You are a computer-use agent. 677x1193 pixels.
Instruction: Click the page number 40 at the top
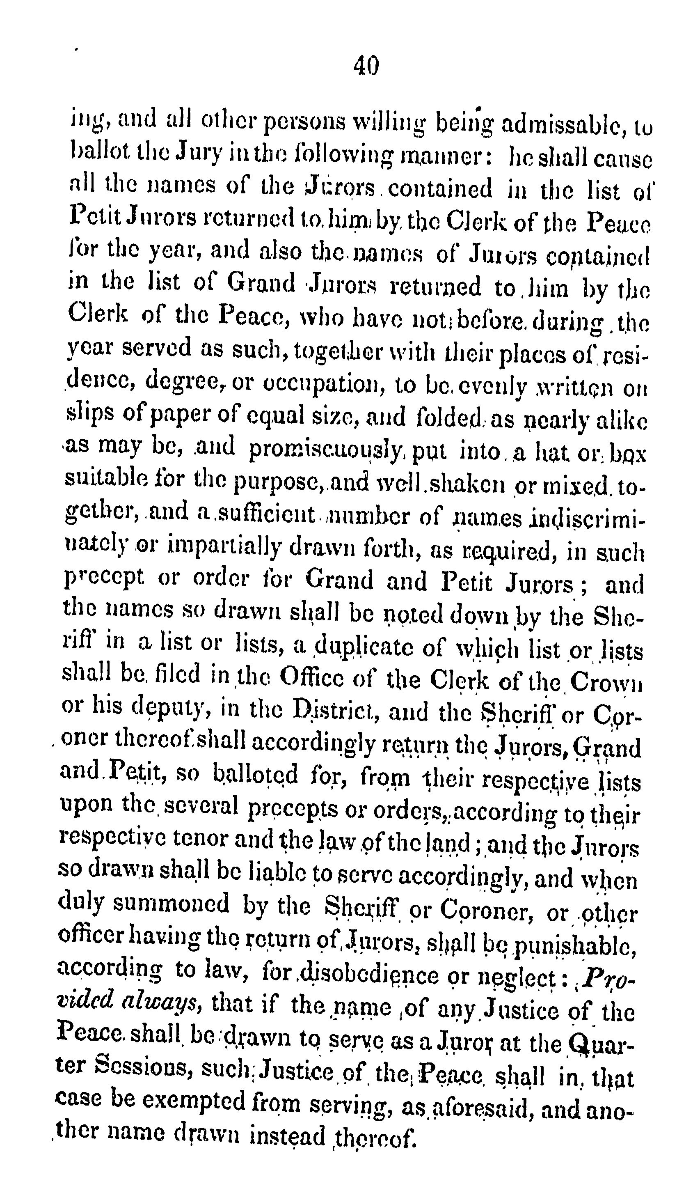366,66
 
